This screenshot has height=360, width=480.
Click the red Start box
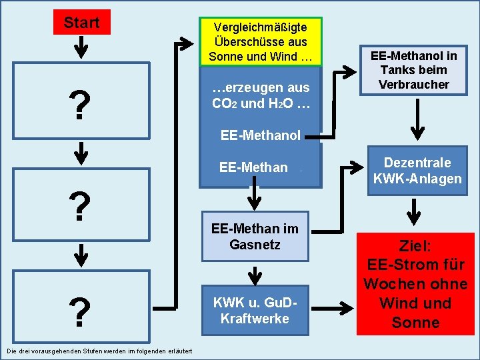coord(81,23)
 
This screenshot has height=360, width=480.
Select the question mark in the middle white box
coord(80,207)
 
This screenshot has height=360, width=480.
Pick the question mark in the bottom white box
coord(80,312)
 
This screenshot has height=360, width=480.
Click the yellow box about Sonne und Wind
coord(261,41)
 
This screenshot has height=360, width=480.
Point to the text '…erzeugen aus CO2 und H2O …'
coord(261,95)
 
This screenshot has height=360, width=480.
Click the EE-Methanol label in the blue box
coord(261,136)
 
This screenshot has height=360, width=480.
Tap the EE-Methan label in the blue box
coord(253,167)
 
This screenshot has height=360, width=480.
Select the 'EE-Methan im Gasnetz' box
coord(254,236)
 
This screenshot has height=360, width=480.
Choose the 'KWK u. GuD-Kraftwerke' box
coord(254,310)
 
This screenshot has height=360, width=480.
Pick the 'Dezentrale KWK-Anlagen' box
coord(417,171)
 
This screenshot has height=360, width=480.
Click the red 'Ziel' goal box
coord(415,284)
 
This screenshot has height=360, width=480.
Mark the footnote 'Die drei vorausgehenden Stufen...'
coord(99,351)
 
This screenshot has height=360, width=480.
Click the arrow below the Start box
coord(81,46)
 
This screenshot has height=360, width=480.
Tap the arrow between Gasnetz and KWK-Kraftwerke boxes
coord(254,274)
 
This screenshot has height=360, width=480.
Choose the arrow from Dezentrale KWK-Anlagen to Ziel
coord(415,211)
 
